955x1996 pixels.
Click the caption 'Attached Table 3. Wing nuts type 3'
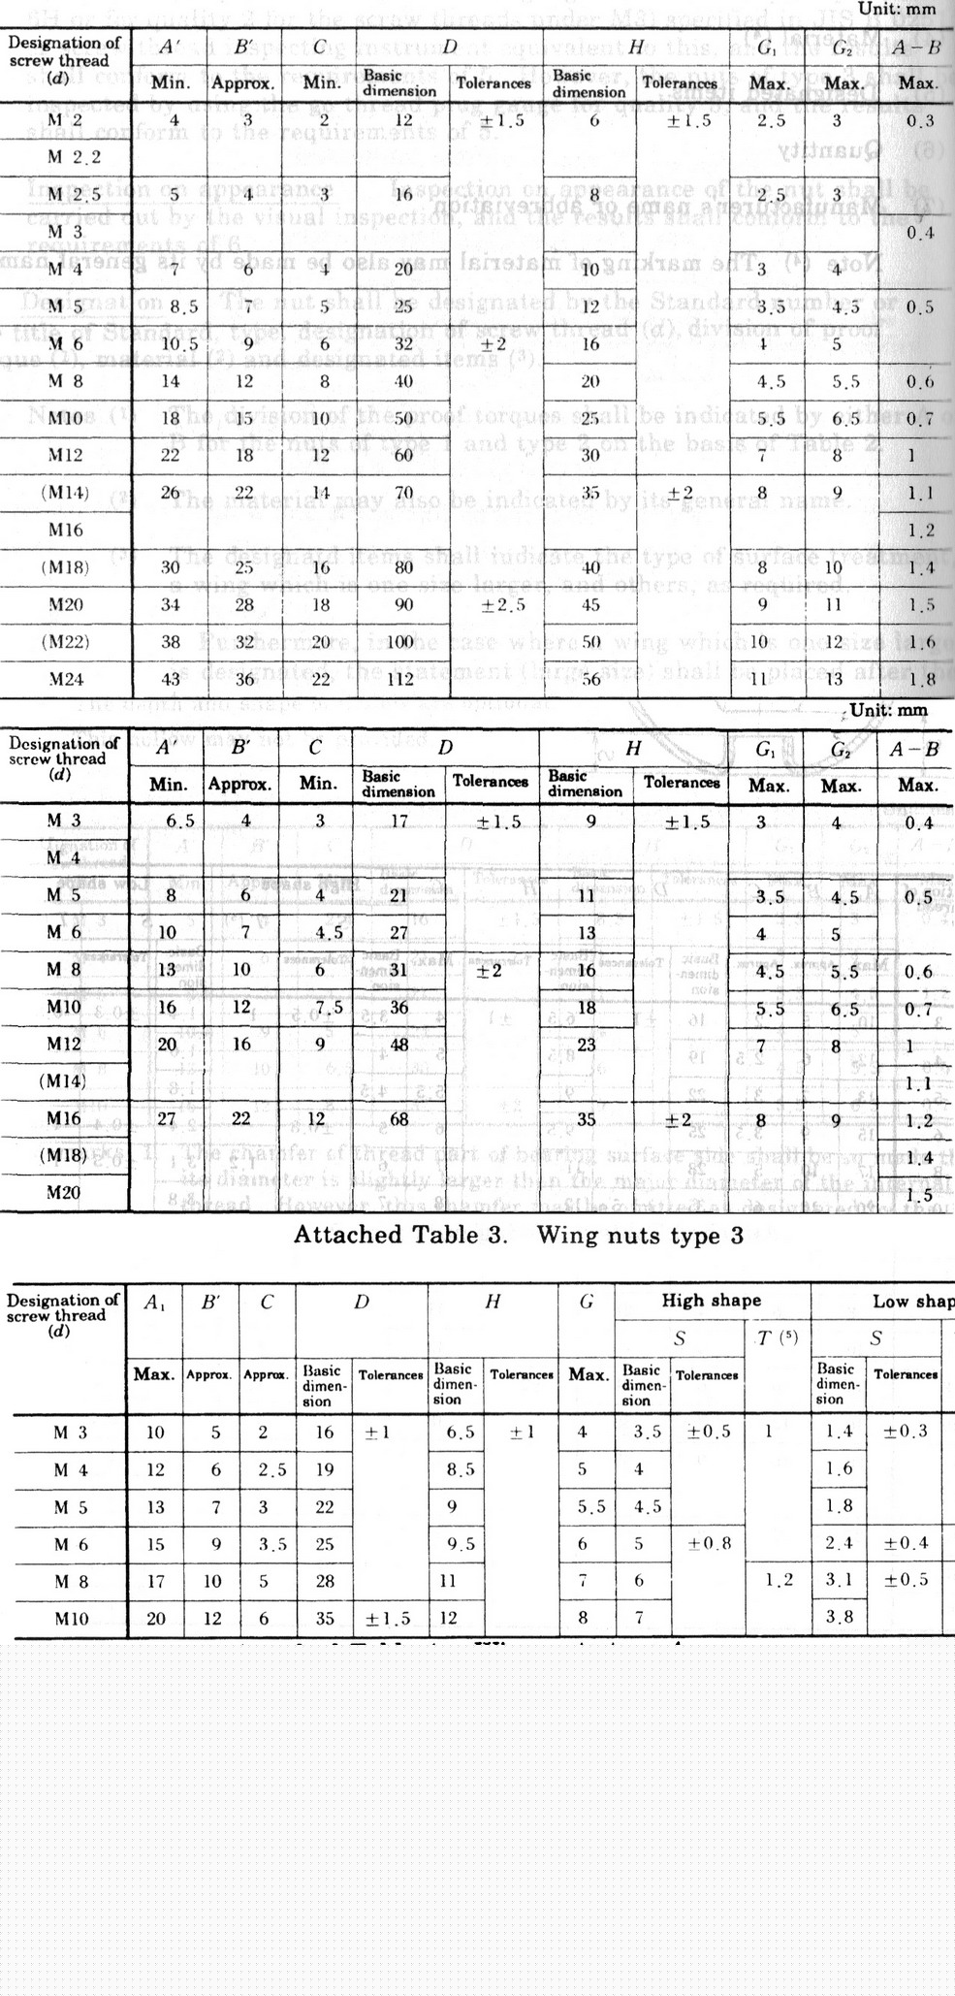(518, 1235)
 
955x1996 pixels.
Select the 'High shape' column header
(712, 1301)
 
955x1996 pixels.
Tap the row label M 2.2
(75, 157)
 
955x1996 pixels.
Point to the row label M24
(66, 679)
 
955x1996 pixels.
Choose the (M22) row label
(66, 642)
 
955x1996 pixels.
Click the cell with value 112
(404, 679)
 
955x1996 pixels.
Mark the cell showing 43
(170, 679)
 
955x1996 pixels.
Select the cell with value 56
(590, 679)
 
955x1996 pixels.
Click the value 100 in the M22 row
(404, 642)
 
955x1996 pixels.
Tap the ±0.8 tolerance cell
(707, 1543)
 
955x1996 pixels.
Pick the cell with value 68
(398, 1119)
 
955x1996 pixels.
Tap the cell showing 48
(398, 1045)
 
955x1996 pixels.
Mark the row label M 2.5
(75, 195)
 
